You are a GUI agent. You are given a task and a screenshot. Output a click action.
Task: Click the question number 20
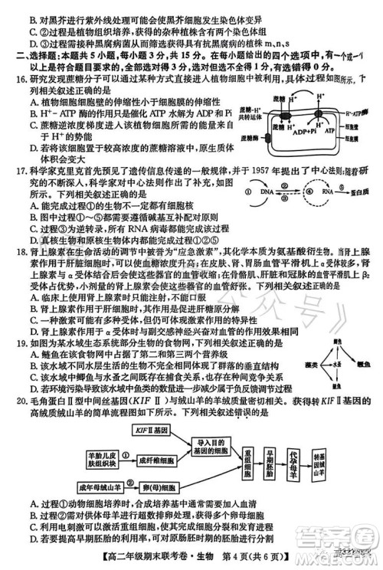10,408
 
